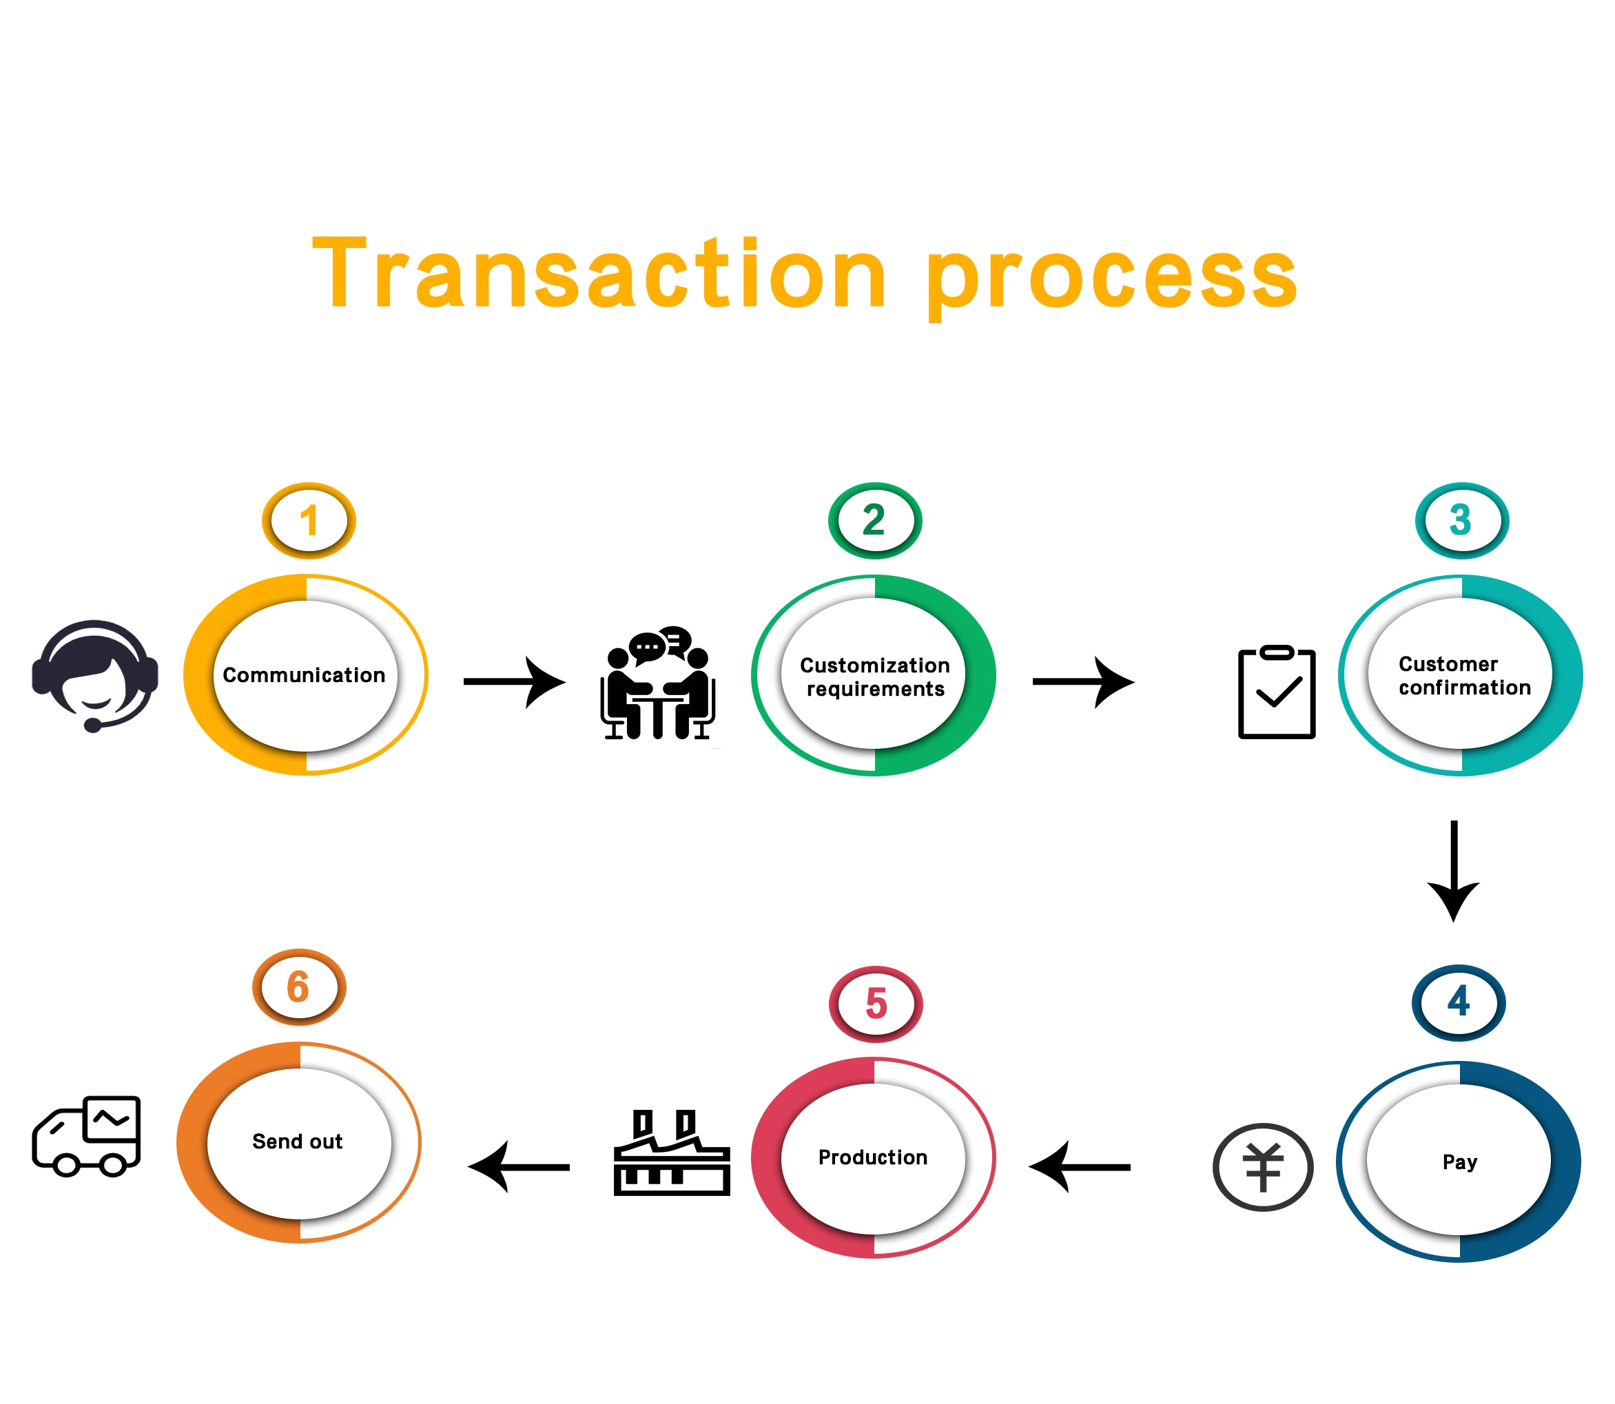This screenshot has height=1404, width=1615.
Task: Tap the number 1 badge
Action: [309, 521]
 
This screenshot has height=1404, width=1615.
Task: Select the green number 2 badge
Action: [874, 521]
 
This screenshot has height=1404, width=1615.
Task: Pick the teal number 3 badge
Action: [1461, 521]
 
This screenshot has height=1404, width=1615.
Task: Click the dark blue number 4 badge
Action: [1459, 1002]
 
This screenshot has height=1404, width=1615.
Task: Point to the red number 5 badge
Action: [875, 1004]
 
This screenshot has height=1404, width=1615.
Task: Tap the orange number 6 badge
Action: [298, 987]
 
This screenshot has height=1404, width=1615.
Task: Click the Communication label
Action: [304, 675]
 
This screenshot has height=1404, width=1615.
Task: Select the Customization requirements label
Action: [874, 677]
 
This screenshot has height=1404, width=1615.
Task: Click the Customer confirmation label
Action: [1463, 675]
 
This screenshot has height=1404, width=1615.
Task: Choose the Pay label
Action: [1459, 1162]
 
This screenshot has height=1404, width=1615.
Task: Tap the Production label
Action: [873, 1157]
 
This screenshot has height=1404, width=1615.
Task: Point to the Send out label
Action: [298, 1142]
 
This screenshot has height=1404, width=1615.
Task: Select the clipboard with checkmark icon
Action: [1276, 692]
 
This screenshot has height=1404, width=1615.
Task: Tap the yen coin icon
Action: [1262, 1168]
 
